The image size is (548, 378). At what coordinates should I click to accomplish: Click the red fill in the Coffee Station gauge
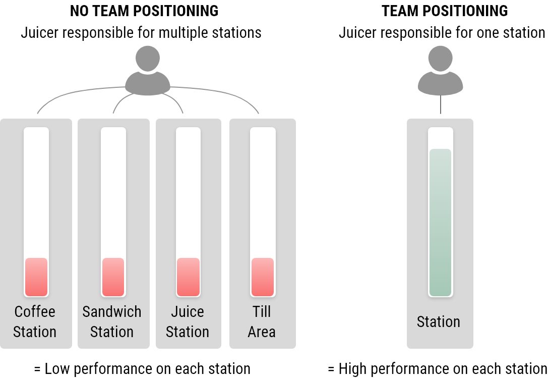[36, 277]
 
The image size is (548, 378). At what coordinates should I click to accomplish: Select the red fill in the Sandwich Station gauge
[113, 277]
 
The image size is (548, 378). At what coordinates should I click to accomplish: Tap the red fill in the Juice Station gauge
[188, 277]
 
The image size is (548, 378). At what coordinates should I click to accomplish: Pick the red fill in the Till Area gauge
[263, 277]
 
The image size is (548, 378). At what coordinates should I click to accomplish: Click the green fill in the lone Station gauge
[440, 222]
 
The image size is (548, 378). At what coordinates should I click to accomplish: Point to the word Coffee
[35, 312]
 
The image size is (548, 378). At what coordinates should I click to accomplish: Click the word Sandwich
[112, 312]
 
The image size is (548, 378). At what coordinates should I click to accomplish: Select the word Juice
[188, 312]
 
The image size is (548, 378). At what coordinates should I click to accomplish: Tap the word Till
[262, 312]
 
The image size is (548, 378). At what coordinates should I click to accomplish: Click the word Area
[262, 332]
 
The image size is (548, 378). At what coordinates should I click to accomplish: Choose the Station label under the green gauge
[439, 322]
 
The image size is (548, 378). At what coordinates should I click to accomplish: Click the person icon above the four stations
[148, 70]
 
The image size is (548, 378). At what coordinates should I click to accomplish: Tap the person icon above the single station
[440, 70]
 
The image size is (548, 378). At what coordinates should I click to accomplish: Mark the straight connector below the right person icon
[441, 104]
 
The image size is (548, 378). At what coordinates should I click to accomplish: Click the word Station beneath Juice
[188, 332]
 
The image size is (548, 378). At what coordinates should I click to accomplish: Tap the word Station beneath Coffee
[35, 332]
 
